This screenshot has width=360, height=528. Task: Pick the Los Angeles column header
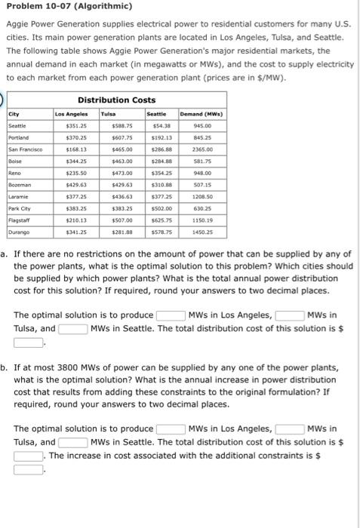[x=72, y=114]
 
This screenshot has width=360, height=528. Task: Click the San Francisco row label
[x=24, y=149]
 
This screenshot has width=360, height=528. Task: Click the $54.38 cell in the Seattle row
[x=162, y=126]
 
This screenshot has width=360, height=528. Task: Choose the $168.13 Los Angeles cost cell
[x=76, y=149]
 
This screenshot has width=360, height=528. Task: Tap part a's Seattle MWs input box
[x=73, y=328]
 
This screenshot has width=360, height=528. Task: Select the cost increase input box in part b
[x=28, y=468]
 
